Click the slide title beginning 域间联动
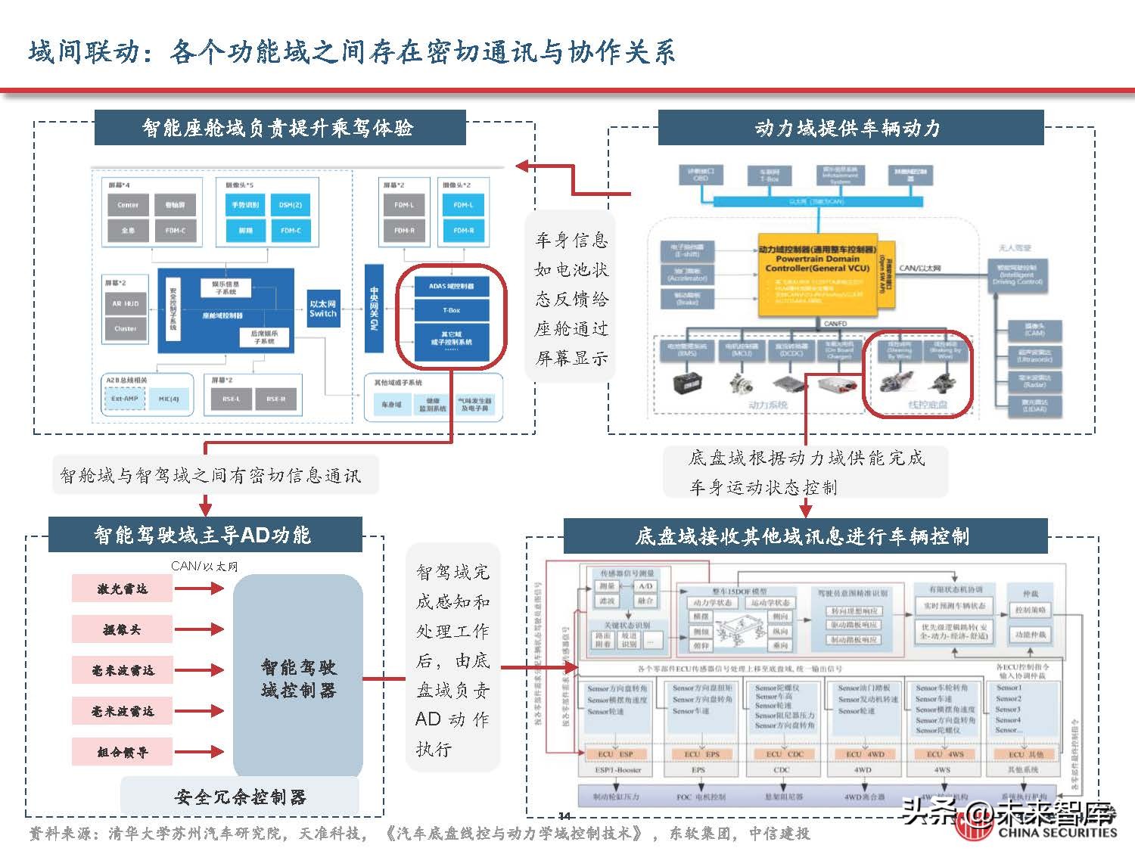point(352,51)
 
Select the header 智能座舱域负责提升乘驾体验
point(279,128)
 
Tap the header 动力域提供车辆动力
point(850,128)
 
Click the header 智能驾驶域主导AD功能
point(204,535)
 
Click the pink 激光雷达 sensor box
point(122,589)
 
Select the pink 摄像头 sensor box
point(122,629)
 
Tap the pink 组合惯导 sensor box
point(122,752)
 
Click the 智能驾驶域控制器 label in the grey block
point(298,679)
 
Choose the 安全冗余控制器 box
point(240,797)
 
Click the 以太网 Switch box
point(323,309)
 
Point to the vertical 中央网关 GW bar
point(374,308)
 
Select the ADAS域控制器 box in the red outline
point(451,286)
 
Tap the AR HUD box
point(126,303)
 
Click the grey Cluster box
point(126,328)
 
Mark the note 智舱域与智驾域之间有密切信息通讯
point(211,476)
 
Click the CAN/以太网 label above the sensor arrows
point(204,566)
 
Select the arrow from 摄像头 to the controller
point(200,629)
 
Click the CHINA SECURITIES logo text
point(1056,832)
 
